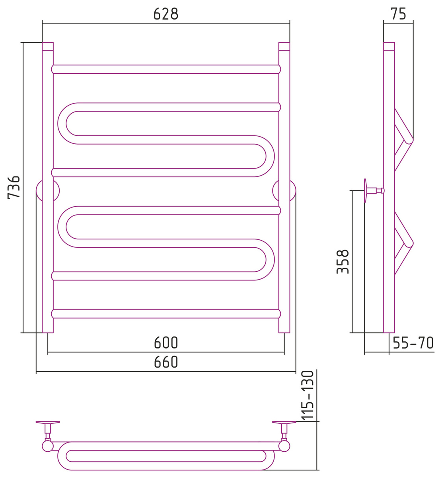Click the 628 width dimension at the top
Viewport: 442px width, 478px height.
click(166, 14)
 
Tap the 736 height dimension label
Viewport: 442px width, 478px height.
click(14, 188)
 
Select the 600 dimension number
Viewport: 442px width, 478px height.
click(166, 343)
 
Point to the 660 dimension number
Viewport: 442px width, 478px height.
click(166, 362)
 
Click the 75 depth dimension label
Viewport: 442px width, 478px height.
click(398, 14)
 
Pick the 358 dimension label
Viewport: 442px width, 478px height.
click(343, 262)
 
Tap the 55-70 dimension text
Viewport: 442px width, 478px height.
click(413, 343)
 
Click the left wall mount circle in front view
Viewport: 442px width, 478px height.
click(48, 191)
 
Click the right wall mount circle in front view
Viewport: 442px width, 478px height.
click(284, 191)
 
